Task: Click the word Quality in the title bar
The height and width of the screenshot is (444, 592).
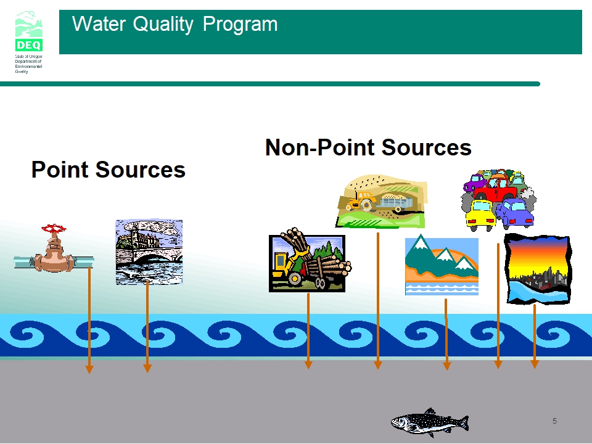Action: click(163, 25)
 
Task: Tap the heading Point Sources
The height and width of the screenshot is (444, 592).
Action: click(109, 170)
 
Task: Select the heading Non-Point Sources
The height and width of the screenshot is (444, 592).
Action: click(368, 147)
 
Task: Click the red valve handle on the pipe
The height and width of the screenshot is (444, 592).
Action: click(54, 228)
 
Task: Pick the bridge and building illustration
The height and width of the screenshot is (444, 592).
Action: click(149, 252)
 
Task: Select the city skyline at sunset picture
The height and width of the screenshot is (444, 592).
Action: click(538, 269)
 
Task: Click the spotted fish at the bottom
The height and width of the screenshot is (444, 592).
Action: click(430, 422)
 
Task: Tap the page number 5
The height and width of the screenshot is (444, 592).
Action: click(554, 421)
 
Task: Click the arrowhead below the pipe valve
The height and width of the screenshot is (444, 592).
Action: click(89, 369)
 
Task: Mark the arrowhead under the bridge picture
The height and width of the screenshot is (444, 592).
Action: click(147, 368)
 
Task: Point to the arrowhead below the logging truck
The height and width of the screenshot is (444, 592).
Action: click(308, 364)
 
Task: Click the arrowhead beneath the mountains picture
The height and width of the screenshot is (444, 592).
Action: click(447, 366)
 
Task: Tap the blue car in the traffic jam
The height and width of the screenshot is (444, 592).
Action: click(515, 213)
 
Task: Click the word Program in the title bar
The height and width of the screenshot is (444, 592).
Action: click(240, 25)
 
